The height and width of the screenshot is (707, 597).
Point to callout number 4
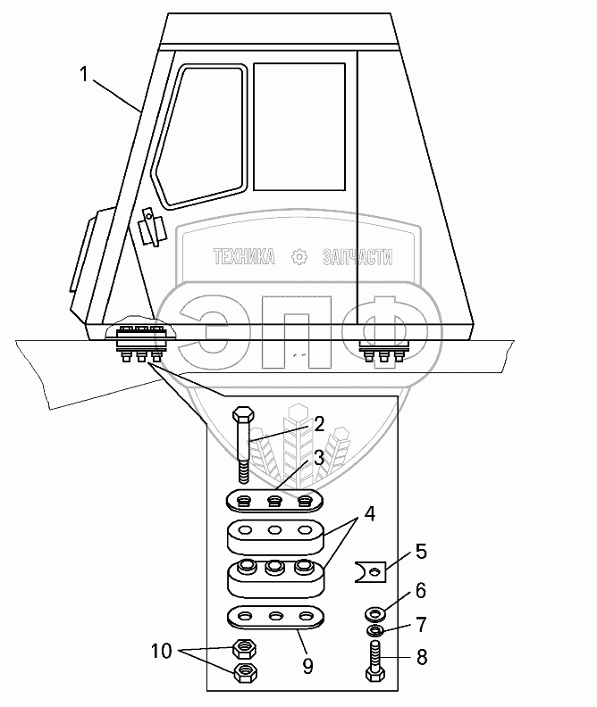tap(369, 517)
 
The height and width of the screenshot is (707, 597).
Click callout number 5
tap(421, 551)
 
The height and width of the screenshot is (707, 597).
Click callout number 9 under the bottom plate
tap(307, 664)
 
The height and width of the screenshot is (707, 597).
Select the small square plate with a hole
tap(369, 569)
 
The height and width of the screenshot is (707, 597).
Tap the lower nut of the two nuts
tap(244, 672)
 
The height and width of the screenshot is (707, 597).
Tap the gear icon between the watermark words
tap(299, 258)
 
